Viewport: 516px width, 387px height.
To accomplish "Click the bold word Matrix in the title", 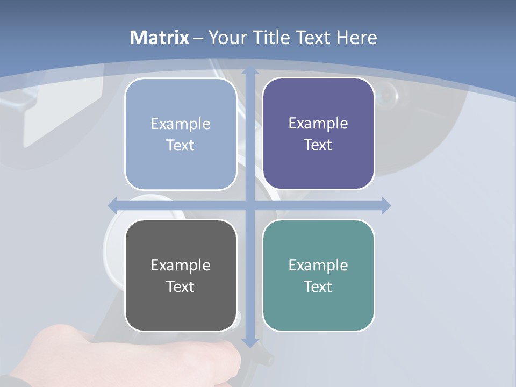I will tap(160, 38).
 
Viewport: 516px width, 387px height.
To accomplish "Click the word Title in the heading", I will tap(272, 38).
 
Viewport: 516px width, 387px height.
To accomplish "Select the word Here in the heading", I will tap(357, 38).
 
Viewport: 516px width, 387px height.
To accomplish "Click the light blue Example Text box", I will tap(181, 134).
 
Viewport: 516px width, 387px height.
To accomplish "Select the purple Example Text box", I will tap(318, 133).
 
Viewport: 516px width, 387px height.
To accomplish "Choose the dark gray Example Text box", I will tap(181, 275).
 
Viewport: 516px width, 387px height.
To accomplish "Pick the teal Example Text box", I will tap(318, 275).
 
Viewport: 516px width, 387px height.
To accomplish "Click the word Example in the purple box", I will tap(318, 123).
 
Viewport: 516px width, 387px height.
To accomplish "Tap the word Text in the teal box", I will tap(318, 286).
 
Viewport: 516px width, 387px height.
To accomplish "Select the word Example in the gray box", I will tap(181, 265).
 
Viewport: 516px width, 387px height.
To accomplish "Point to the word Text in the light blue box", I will tap(181, 145).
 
